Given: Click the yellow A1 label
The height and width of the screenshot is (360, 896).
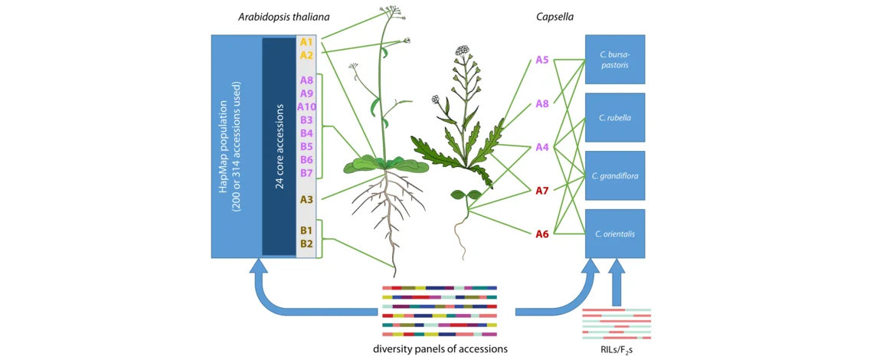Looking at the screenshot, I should (x=306, y=42).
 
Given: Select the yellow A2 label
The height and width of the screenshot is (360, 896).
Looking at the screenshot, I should (x=306, y=55).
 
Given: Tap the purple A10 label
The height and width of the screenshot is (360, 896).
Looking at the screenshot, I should (x=306, y=106).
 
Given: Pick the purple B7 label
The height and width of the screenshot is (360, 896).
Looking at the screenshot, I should (x=306, y=173).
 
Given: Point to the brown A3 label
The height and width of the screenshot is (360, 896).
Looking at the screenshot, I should (x=306, y=199).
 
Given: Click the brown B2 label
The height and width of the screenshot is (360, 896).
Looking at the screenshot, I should (x=306, y=244).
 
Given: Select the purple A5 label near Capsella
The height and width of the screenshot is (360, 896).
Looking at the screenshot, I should (x=541, y=60).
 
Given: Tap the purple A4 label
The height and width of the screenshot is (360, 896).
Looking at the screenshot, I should (x=541, y=147).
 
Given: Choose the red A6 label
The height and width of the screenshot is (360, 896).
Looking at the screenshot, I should (x=541, y=234).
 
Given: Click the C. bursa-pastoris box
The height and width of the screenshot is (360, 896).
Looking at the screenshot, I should (x=615, y=59).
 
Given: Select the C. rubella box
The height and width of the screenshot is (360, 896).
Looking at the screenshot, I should (x=615, y=118).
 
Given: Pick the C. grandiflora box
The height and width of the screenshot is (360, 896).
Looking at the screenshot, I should (x=615, y=175).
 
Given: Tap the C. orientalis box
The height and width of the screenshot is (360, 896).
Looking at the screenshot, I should (x=615, y=234).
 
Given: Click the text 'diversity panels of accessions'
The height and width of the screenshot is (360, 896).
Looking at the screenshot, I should (x=440, y=349).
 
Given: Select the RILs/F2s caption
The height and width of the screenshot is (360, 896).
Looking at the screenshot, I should (x=616, y=349).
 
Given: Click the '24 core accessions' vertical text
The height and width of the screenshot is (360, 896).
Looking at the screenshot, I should (x=280, y=146).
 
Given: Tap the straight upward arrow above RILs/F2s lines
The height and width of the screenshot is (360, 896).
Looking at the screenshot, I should (x=616, y=283).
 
